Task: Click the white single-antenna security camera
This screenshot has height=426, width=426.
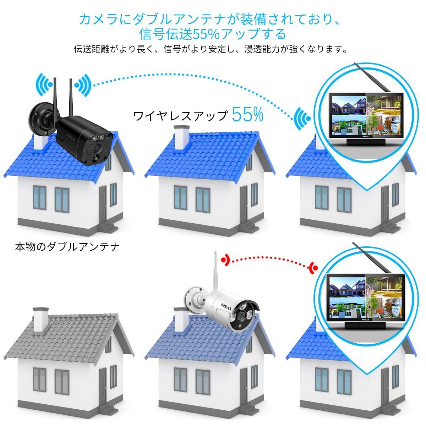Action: pos(227,309)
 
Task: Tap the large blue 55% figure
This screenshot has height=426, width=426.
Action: pos(248,115)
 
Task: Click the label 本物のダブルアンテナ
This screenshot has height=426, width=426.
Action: pos(67,246)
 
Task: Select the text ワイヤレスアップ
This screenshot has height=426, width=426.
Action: pos(180,116)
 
